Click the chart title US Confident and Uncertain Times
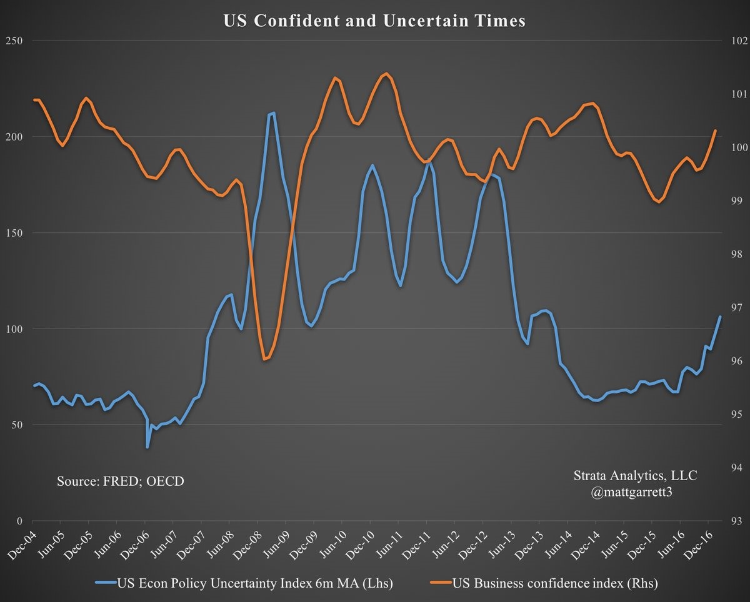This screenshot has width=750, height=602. (374, 21)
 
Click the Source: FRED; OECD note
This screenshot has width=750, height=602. (121, 481)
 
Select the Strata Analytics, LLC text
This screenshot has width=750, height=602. (635, 476)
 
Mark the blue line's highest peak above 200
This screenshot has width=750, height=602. (273, 113)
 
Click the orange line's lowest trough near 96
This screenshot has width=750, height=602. (265, 360)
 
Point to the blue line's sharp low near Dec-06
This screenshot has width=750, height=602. (147, 447)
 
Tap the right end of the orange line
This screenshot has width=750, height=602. (715, 131)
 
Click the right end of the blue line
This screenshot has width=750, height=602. (720, 317)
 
